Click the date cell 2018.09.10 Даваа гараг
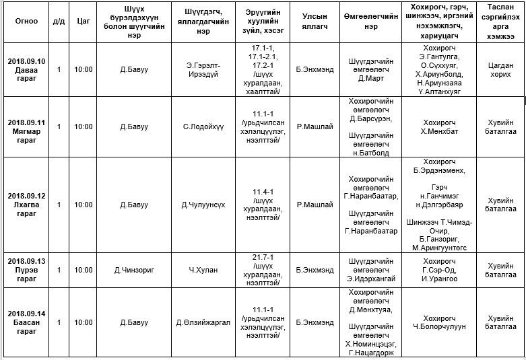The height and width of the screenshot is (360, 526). (x=26, y=69)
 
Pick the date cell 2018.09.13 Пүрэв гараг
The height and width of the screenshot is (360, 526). (x=26, y=270)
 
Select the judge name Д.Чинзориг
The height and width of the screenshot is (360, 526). (x=133, y=270)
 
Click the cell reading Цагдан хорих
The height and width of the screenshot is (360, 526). (x=500, y=69)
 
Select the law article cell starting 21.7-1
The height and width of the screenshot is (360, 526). (x=266, y=270)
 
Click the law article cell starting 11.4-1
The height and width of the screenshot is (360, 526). (x=266, y=205)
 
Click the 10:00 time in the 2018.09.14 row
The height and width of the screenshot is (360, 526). (x=84, y=322)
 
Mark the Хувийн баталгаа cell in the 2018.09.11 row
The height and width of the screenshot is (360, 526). (x=500, y=127)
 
